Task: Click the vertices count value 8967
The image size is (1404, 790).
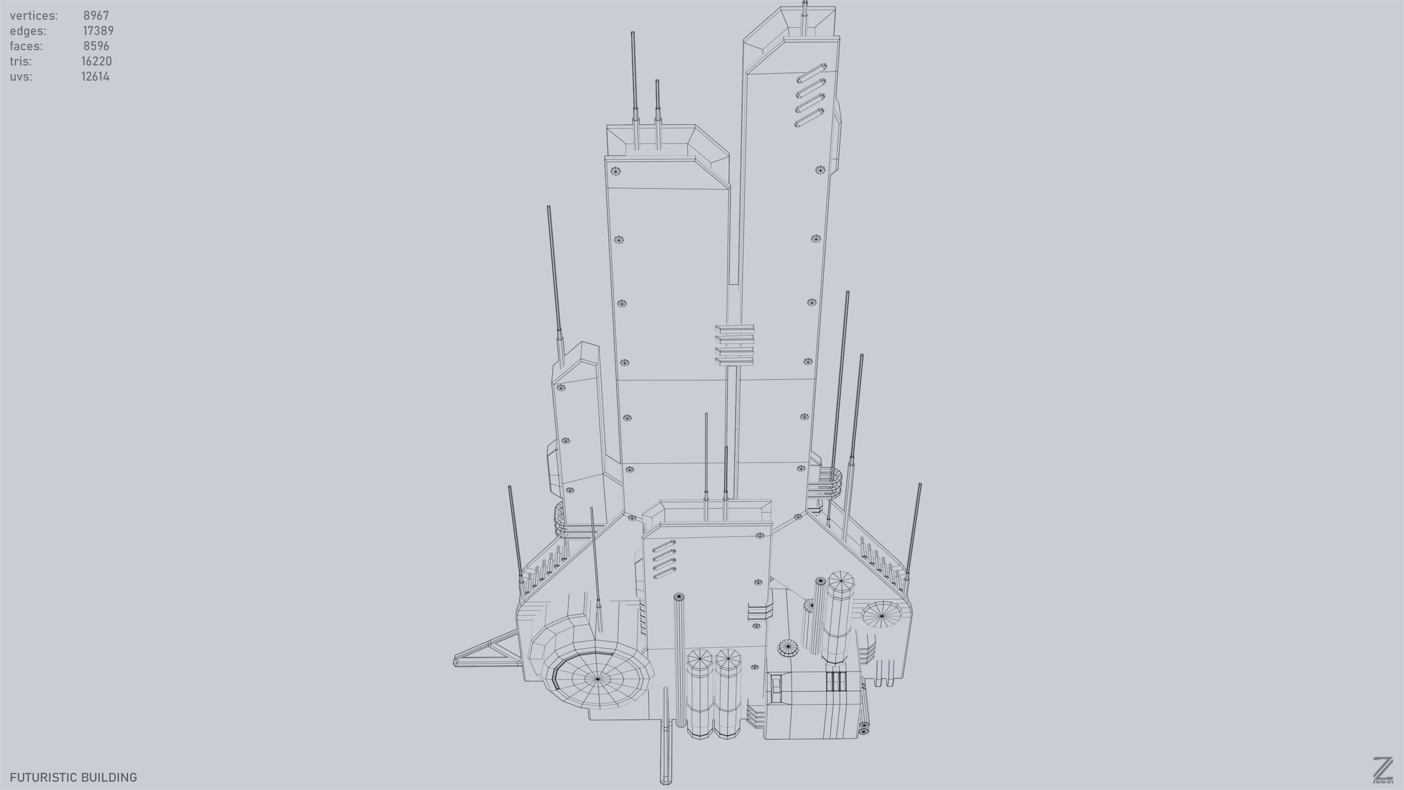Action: pyautogui.click(x=96, y=15)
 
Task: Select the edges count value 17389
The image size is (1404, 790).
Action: pyautogui.click(x=98, y=31)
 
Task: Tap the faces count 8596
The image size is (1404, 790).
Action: pyautogui.click(x=96, y=46)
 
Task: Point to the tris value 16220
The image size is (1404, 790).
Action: pyautogui.click(x=97, y=61)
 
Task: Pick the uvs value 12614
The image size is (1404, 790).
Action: pyautogui.click(x=96, y=77)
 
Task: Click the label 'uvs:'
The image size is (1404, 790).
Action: pyautogui.click(x=20, y=77)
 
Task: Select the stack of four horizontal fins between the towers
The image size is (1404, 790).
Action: pyautogui.click(x=734, y=345)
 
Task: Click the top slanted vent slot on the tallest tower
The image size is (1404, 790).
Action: pyautogui.click(x=812, y=73)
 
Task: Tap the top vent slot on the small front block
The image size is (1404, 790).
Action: pyautogui.click(x=663, y=547)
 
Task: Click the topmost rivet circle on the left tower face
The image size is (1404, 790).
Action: pyautogui.click(x=615, y=171)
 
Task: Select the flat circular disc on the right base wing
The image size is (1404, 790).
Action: pyautogui.click(x=881, y=614)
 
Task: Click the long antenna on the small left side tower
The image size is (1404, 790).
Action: pyautogui.click(x=554, y=273)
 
